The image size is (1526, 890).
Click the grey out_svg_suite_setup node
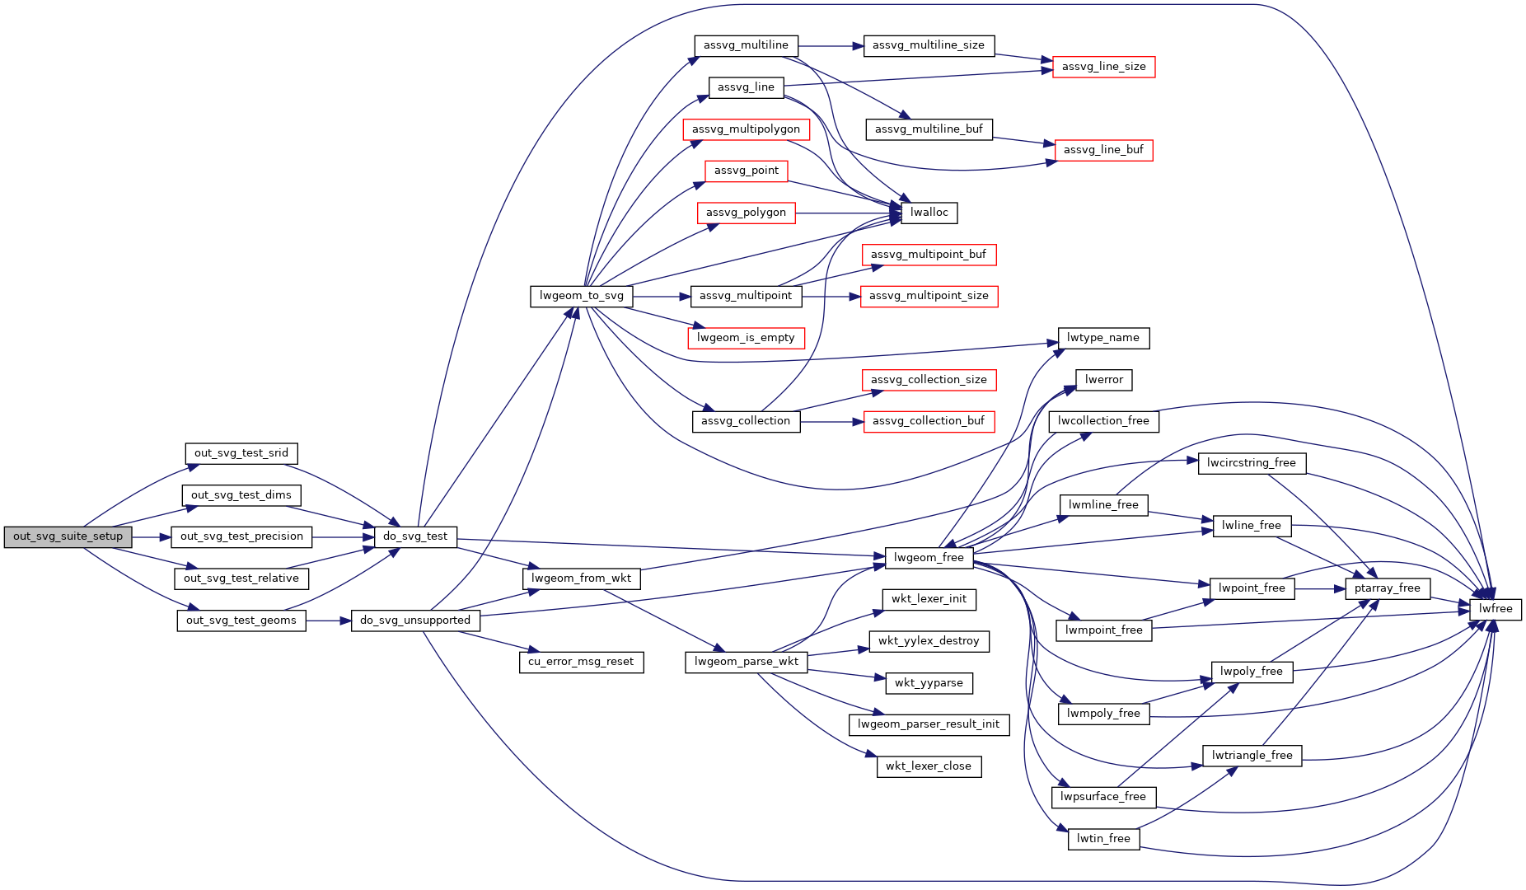click(68, 536)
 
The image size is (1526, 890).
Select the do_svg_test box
click(415, 536)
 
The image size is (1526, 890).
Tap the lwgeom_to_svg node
click(582, 296)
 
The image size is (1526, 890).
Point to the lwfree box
click(1496, 609)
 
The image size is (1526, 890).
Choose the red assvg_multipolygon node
click(746, 129)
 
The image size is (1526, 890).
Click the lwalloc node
click(929, 213)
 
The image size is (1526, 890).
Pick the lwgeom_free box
click(929, 558)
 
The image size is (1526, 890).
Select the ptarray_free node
click(1388, 588)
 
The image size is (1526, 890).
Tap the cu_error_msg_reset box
click(581, 662)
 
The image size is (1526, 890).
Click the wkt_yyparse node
click(929, 683)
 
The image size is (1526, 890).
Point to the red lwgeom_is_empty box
click(746, 338)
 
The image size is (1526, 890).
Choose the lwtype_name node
click(1102, 338)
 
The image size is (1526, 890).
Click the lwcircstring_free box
click(1251, 463)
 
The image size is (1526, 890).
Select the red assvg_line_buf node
click(1103, 150)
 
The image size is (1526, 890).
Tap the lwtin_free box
click(1103, 839)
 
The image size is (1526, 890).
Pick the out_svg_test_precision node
click(241, 536)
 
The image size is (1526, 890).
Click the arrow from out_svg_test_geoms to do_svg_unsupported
click(329, 621)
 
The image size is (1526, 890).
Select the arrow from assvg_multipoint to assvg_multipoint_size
click(831, 296)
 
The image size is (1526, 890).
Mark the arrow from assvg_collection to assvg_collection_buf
click(831, 421)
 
